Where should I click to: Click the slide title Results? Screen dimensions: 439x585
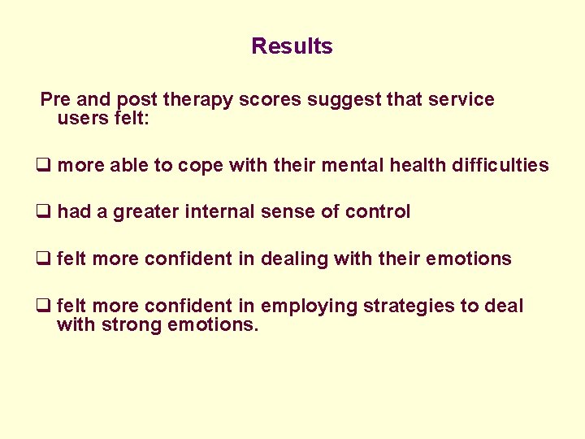point(292,46)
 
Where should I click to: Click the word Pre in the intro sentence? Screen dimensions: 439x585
point(55,100)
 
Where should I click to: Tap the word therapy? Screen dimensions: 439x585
point(195,100)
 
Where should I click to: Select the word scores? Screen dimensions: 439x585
point(266,100)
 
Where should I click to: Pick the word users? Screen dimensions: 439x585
point(81,118)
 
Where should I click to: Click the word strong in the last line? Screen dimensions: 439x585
point(128,326)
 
